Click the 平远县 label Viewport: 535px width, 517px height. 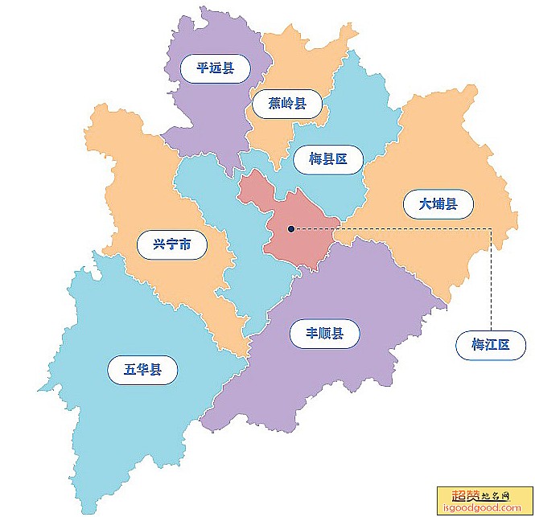(215, 68)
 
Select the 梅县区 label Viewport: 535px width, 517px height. (327, 159)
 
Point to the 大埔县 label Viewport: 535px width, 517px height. (438, 204)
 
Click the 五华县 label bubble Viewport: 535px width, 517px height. (142, 370)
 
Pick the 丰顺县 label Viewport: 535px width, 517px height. (324, 333)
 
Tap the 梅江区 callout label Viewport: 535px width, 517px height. (491, 346)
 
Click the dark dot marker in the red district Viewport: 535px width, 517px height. (291, 229)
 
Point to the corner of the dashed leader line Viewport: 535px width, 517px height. (491, 229)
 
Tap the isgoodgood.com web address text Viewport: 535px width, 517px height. (484, 507)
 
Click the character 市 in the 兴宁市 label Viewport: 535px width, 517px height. (186, 244)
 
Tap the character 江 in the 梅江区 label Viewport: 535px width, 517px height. (491, 346)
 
